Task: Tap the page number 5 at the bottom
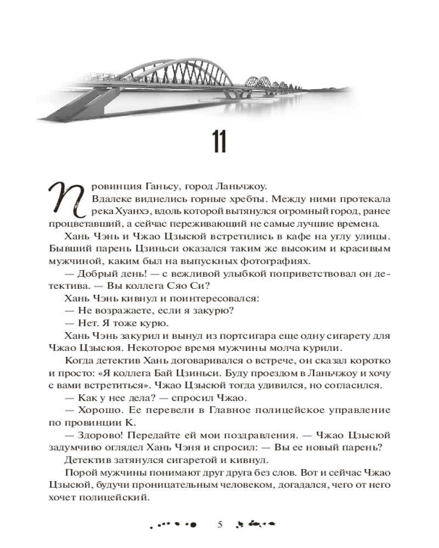[x=219, y=525]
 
